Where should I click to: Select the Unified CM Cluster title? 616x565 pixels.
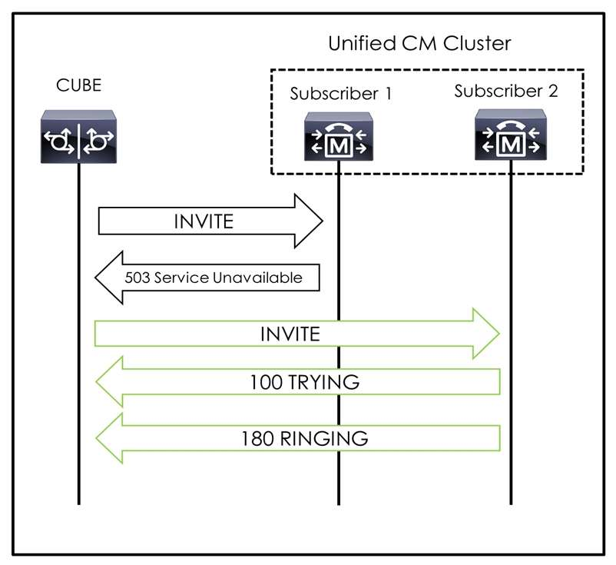[x=419, y=43]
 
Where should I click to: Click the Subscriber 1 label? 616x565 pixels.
[x=341, y=95]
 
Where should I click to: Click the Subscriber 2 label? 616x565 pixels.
[x=506, y=91]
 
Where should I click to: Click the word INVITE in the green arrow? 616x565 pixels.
[x=289, y=334]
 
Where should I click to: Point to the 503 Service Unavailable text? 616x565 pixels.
[x=214, y=278]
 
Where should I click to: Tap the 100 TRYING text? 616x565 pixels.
[x=305, y=381]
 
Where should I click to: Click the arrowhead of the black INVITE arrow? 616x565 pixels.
[x=310, y=221]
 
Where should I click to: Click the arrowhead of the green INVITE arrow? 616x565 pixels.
[x=488, y=334]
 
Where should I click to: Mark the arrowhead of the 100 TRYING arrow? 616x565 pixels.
[x=109, y=381]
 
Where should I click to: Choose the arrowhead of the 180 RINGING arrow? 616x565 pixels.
[x=109, y=438]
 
